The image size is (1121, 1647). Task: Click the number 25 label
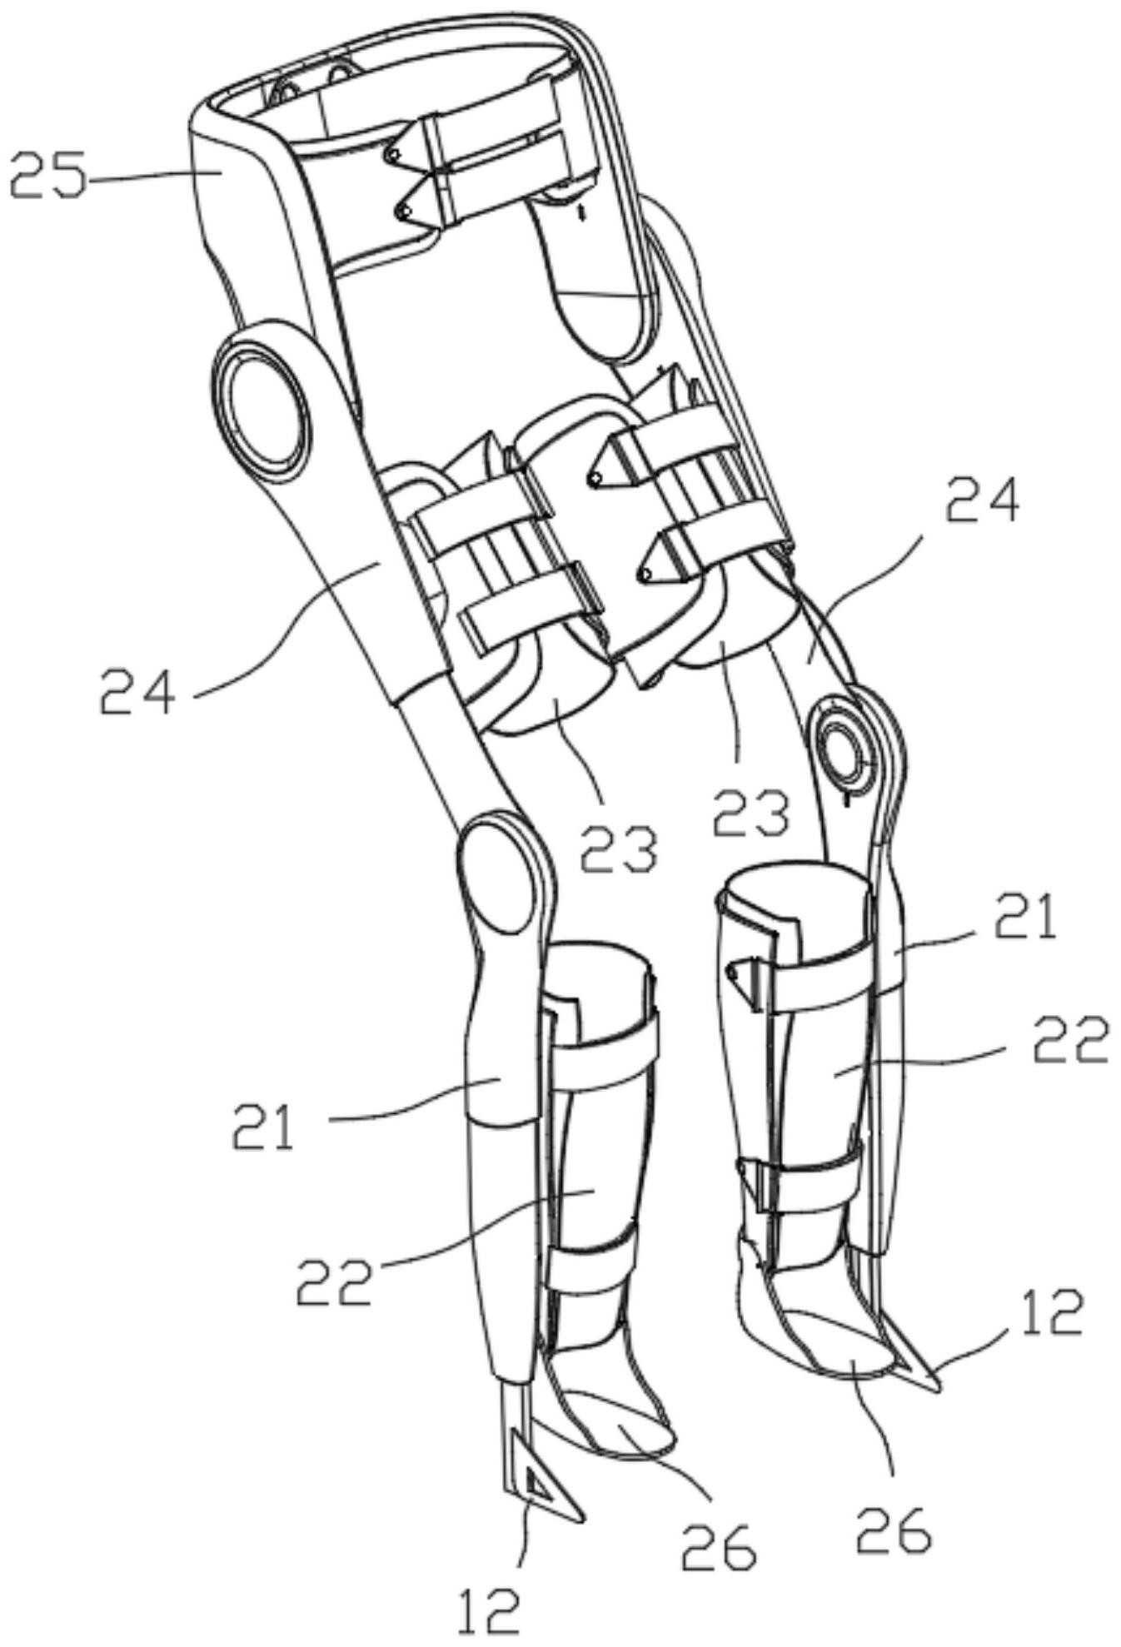click(x=48, y=176)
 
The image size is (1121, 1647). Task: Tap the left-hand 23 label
click(x=618, y=847)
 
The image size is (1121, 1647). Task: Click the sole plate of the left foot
click(x=616, y=1441)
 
